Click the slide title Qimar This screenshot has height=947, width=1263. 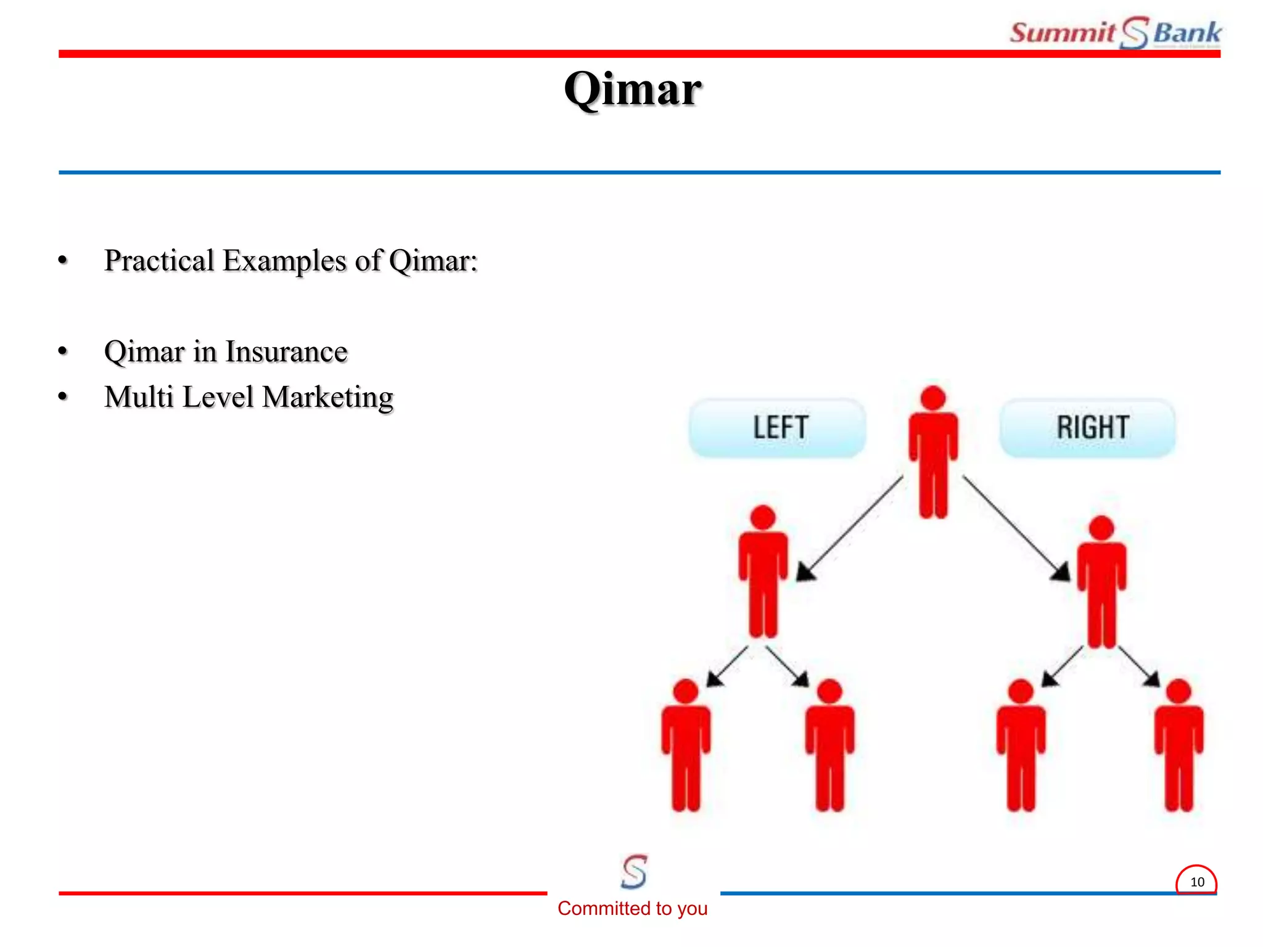(633, 90)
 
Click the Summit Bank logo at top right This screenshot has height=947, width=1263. (1115, 33)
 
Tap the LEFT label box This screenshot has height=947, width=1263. (778, 427)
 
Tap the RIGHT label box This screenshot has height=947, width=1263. (1088, 427)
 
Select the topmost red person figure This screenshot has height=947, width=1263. (933, 456)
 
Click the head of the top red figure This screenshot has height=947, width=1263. (933, 398)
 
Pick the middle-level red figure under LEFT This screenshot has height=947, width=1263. (763, 573)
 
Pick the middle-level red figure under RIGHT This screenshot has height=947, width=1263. (1101, 583)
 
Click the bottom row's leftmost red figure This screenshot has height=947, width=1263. (686, 746)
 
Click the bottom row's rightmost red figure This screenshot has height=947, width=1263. (1179, 746)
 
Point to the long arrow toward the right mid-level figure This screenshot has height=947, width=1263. (1014, 527)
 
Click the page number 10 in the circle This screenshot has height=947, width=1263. (1196, 882)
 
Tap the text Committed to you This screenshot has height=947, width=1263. (632, 908)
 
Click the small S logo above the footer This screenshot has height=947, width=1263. (634, 871)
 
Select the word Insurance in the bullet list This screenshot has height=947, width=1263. (286, 352)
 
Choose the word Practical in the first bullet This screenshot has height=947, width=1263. (159, 260)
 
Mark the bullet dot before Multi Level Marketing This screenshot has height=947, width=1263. (63, 396)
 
